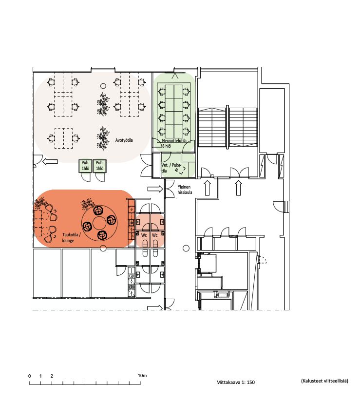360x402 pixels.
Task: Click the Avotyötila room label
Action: (124, 140)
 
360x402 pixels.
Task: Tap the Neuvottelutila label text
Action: (174, 141)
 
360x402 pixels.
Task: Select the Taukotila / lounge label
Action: (72, 238)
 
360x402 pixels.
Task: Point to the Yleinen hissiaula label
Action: (185, 190)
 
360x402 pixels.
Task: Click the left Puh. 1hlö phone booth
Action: (85, 166)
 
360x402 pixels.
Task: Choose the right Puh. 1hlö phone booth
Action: (100, 166)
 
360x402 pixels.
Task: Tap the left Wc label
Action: (144, 235)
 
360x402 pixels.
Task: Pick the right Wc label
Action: (155, 235)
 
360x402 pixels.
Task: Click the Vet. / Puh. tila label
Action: (170, 168)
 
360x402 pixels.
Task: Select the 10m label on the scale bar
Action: (142, 376)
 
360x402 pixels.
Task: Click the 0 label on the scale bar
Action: (29, 376)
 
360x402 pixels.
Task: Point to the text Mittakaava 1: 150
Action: (235, 382)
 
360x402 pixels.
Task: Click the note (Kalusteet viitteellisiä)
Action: (324, 381)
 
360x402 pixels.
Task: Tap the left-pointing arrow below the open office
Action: (50, 161)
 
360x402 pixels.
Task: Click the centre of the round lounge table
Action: (99, 223)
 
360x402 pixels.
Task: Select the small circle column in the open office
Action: (103, 86)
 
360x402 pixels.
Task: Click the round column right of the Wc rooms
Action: (186, 248)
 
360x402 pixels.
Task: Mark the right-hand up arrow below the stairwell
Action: (238, 188)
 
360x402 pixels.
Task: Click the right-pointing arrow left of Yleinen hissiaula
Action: (155, 189)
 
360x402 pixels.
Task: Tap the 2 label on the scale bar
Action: (52, 376)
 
